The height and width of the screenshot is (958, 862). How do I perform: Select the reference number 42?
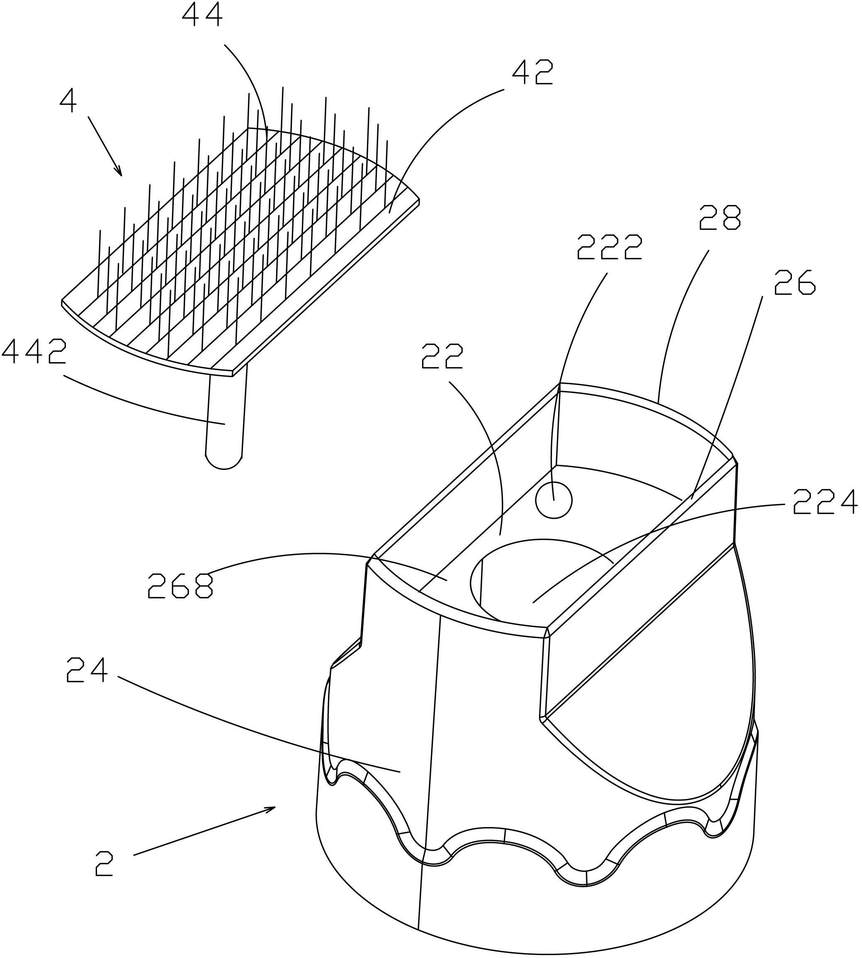click(x=532, y=73)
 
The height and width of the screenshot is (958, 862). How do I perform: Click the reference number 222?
click(x=609, y=247)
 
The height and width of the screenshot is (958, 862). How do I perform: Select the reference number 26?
click(x=794, y=283)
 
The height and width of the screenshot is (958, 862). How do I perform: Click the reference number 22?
click(x=442, y=356)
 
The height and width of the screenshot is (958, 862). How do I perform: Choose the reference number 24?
click(x=87, y=670)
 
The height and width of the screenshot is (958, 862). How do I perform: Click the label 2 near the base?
click(x=104, y=863)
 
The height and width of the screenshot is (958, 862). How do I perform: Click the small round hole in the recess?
click(x=554, y=499)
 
